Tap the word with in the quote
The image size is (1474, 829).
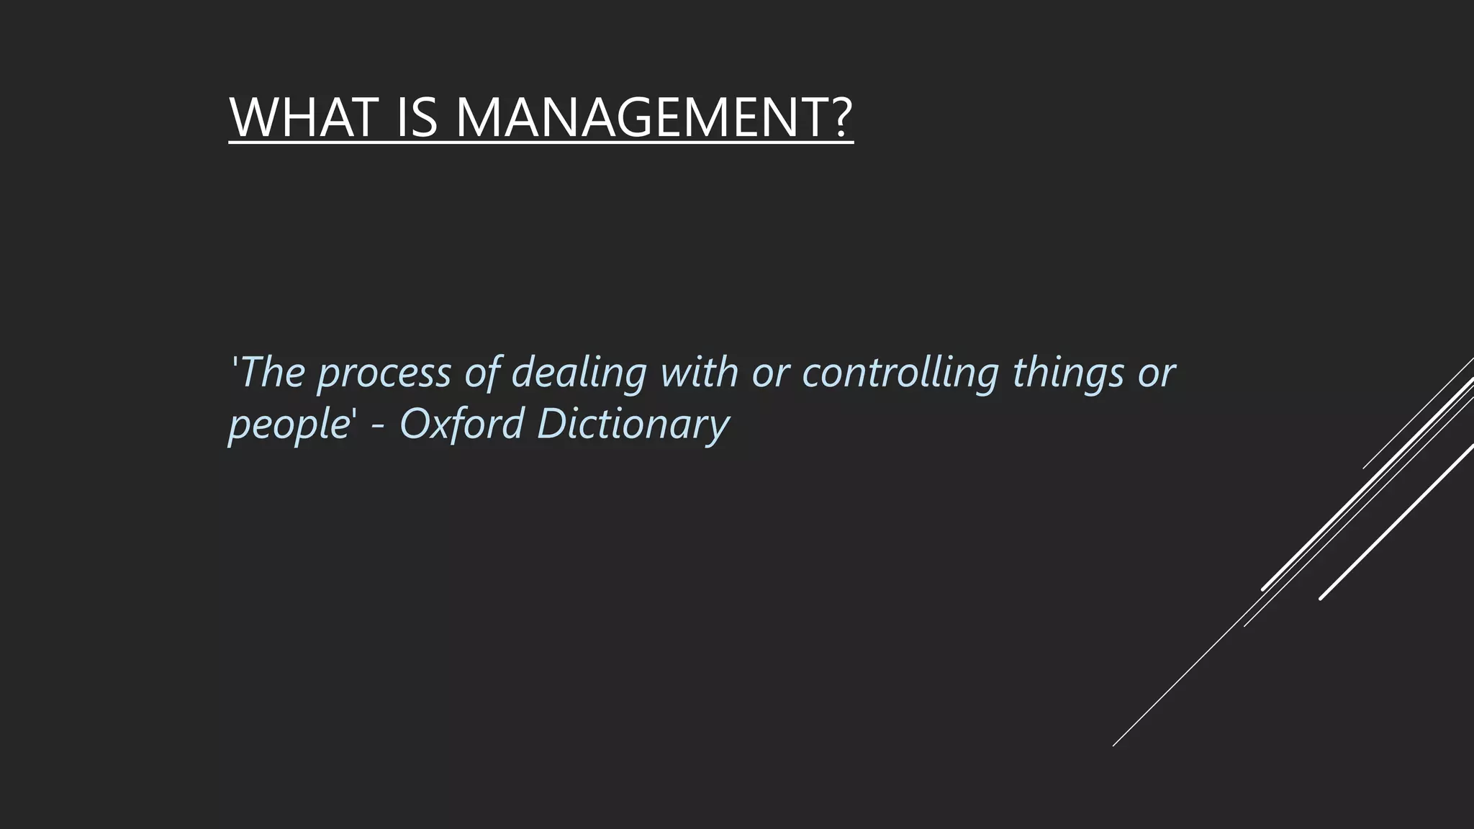click(x=699, y=372)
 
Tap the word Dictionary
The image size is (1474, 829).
click(x=633, y=425)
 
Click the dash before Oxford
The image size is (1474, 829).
click(x=381, y=426)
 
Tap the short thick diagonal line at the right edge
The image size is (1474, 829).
click(x=1396, y=522)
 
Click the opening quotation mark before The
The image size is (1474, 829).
click(x=232, y=360)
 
